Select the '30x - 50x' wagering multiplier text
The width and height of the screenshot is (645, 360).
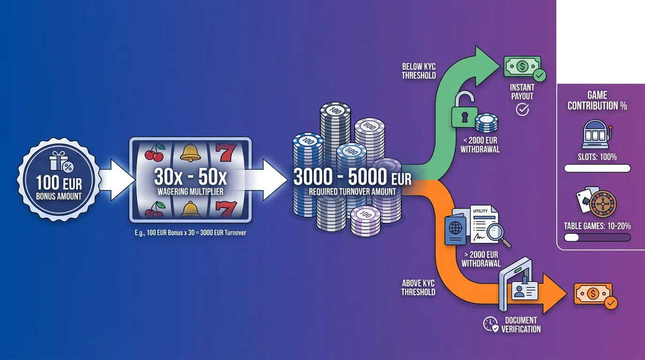(190, 177)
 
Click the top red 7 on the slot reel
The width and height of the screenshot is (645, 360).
(226, 152)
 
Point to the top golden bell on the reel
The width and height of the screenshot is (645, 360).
(190, 152)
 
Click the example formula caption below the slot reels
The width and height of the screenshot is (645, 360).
(190, 232)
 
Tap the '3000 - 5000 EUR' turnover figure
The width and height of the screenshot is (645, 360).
(352, 177)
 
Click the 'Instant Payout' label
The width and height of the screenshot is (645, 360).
(522, 92)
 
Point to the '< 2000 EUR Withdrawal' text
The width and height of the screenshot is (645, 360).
(480, 145)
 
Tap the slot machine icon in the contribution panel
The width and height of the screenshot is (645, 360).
(597, 134)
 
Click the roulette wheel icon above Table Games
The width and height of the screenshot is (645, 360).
(603, 203)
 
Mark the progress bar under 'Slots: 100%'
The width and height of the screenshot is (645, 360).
(597, 168)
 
